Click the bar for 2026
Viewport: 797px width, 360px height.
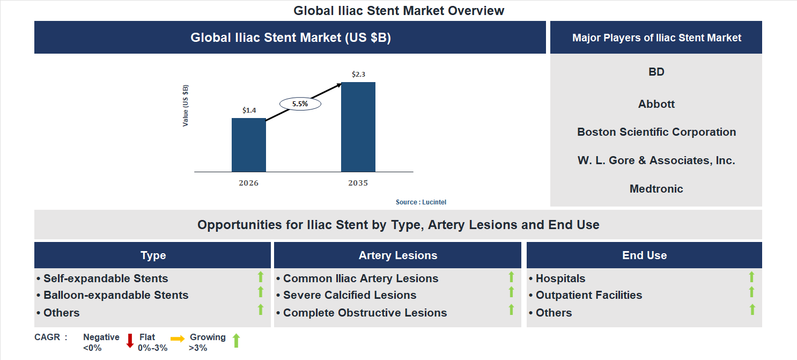click(x=248, y=145)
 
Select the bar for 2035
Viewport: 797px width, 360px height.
click(x=358, y=127)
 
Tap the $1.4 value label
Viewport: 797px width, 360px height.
click(x=249, y=111)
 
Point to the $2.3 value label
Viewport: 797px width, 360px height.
click(x=358, y=75)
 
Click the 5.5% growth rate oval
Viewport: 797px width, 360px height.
click(x=300, y=104)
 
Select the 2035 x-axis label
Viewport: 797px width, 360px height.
click(x=358, y=183)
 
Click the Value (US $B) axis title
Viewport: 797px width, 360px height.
click(x=186, y=106)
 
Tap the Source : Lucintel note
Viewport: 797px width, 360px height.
click(x=421, y=202)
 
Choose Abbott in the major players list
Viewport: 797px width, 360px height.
click(x=656, y=104)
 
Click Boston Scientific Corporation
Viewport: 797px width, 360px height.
click(x=656, y=132)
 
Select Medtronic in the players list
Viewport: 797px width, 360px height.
click(x=656, y=189)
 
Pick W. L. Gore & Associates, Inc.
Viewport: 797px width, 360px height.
click(x=656, y=160)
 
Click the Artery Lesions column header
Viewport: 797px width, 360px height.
click(x=397, y=255)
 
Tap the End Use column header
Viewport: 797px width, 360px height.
click(x=644, y=255)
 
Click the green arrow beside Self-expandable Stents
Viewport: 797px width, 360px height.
click(x=261, y=277)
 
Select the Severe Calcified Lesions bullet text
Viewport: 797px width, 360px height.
click(x=350, y=295)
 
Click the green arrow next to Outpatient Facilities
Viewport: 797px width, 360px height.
click(x=751, y=292)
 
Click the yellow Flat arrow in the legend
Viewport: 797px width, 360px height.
click(x=178, y=339)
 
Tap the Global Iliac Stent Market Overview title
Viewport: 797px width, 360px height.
click(x=399, y=11)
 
